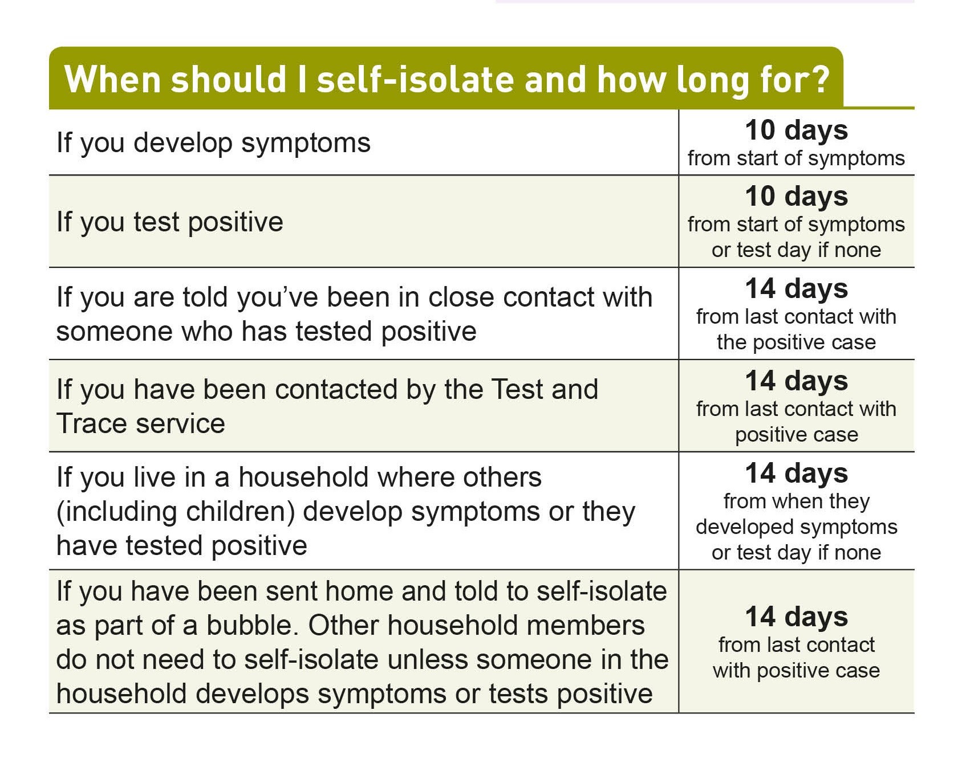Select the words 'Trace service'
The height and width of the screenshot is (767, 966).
141,423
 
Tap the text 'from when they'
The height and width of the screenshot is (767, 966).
797,501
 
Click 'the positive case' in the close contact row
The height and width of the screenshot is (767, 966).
796,342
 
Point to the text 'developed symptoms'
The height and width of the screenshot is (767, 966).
797,528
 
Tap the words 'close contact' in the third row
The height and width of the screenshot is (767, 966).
540,297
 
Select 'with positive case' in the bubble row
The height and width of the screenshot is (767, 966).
796,671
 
